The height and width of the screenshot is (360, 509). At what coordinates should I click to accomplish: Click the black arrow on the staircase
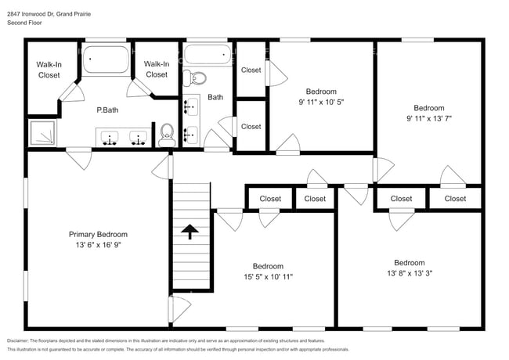tap(189, 231)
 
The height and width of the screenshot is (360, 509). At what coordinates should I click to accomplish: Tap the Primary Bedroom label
tap(98, 234)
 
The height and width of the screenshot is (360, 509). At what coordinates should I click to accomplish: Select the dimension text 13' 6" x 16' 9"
tap(98, 245)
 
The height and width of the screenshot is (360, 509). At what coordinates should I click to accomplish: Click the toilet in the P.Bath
tap(165, 135)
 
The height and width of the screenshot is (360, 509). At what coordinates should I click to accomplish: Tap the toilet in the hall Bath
tap(197, 78)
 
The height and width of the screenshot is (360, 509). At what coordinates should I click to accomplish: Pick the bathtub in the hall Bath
tap(208, 55)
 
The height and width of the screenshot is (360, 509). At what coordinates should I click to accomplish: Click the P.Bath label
tap(106, 110)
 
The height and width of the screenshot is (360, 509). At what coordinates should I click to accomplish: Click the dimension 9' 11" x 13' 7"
tap(428, 119)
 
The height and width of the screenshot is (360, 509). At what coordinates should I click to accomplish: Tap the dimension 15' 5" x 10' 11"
tap(267, 276)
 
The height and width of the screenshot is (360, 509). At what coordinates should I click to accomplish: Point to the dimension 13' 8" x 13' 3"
tap(409, 274)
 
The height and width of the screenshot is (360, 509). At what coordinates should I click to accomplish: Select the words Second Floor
tap(24, 23)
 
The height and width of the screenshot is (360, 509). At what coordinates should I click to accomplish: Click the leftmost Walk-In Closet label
tap(49, 70)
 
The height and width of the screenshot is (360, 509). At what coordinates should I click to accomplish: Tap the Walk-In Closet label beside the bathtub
tap(157, 69)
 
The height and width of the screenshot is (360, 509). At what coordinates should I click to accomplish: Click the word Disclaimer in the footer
tap(23, 340)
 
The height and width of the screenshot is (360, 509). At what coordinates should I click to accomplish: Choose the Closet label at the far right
tap(455, 199)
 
